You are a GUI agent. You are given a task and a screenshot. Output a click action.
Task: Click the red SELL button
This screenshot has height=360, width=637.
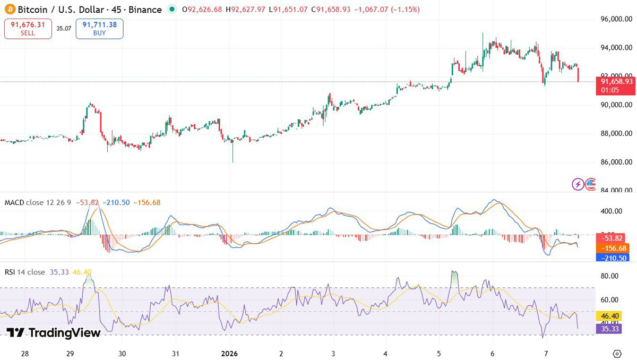coord(28,29)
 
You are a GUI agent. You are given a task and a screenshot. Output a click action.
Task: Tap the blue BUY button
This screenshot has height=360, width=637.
coord(99,29)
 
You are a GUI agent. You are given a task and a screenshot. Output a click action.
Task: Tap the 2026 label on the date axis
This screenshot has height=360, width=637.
coord(229,353)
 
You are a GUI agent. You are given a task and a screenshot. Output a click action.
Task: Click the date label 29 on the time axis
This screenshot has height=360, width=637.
coord(70,353)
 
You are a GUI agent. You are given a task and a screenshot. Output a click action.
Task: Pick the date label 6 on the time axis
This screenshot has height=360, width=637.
coord(493,353)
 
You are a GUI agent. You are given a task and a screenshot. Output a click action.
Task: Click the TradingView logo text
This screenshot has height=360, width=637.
coord(53,333)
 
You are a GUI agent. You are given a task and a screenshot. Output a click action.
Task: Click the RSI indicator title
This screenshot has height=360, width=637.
coord(25,272)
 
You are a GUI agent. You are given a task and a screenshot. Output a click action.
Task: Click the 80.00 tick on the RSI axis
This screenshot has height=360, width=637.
coord(610,276)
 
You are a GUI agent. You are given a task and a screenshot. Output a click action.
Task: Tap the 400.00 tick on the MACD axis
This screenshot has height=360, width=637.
coord(612,211)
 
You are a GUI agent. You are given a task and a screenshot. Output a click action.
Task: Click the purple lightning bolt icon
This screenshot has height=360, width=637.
coord(578,184)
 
